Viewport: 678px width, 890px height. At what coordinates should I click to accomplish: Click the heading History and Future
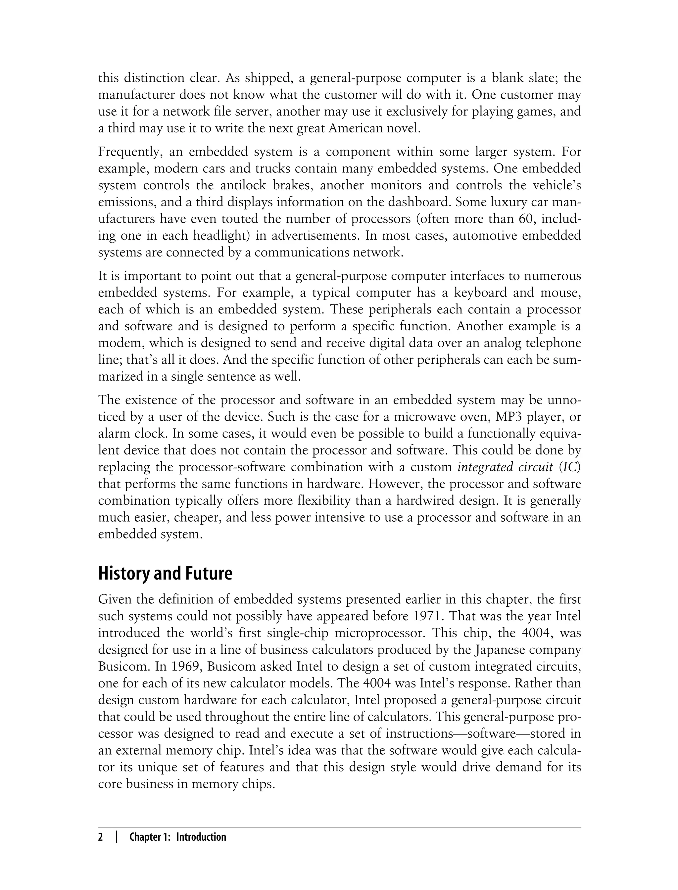(166, 574)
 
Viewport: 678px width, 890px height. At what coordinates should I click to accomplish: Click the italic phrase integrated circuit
(505, 467)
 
